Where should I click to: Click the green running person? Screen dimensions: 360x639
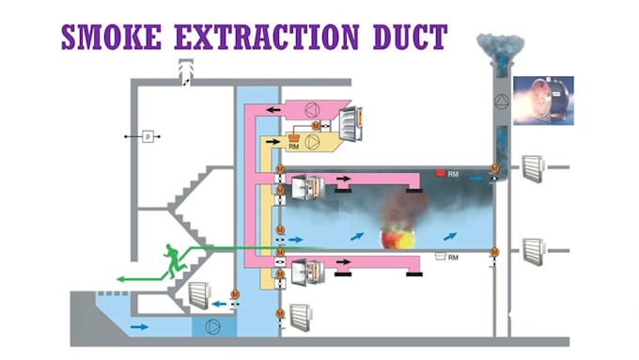coord(170,262)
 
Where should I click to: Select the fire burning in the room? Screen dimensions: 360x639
coord(395,236)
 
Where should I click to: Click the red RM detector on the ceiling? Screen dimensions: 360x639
coord(439,173)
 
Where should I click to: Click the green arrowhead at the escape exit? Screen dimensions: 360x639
coord(120,278)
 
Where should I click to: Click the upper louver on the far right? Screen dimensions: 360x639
coord(535,169)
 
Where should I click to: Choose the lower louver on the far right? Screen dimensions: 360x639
coord(535,252)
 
